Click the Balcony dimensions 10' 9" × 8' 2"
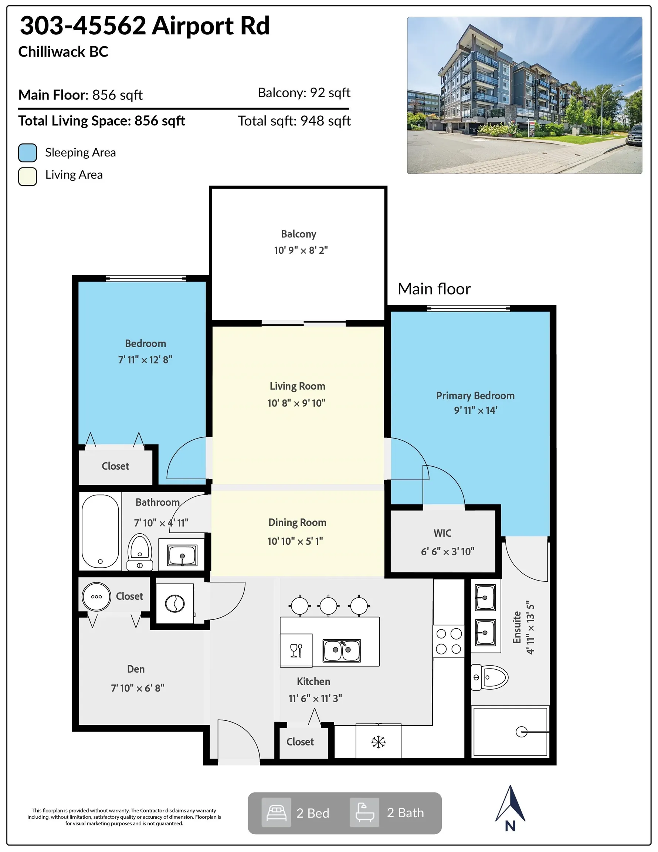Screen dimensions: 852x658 (x=301, y=250)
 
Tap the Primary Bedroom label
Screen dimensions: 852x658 (x=475, y=396)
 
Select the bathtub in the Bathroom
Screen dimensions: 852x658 (x=100, y=531)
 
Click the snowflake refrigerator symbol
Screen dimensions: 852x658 (x=378, y=742)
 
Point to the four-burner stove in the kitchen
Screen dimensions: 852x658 (x=448, y=641)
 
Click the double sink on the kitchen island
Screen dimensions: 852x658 (x=342, y=650)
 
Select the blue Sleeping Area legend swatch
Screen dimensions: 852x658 (x=28, y=152)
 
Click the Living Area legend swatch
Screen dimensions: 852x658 (x=28, y=176)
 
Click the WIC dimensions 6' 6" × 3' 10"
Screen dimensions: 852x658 (x=447, y=551)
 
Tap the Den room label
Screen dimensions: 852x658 (x=136, y=669)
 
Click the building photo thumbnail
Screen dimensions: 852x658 (x=524, y=95)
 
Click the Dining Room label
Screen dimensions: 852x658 (x=297, y=523)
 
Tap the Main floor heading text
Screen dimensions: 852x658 (x=434, y=289)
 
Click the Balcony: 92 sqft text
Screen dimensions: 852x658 (x=304, y=93)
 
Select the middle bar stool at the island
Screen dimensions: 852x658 (x=328, y=606)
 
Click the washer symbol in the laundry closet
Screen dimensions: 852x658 (x=175, y=604)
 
